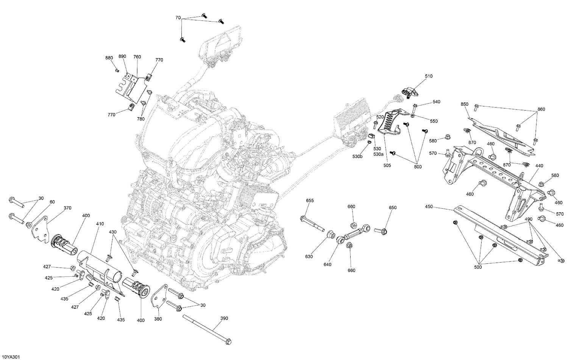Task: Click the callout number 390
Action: point(224,318)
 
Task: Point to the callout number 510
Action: point(428,76)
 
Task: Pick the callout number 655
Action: point(310,200)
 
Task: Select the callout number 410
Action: point(100,224)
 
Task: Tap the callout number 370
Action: point(68,208)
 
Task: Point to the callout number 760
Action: point(137,57)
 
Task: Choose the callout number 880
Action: point(109,58)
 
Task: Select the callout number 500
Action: point(478,267)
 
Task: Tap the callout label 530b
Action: point(357,157)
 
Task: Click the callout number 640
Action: point(327,264)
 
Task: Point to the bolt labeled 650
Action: point(380,230)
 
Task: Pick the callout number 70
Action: point(178,18)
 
